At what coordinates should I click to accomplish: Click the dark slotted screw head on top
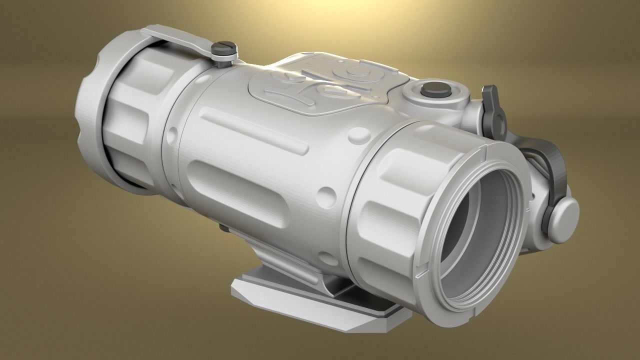click(223, 49)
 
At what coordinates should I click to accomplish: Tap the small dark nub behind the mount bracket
click(223, 228)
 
